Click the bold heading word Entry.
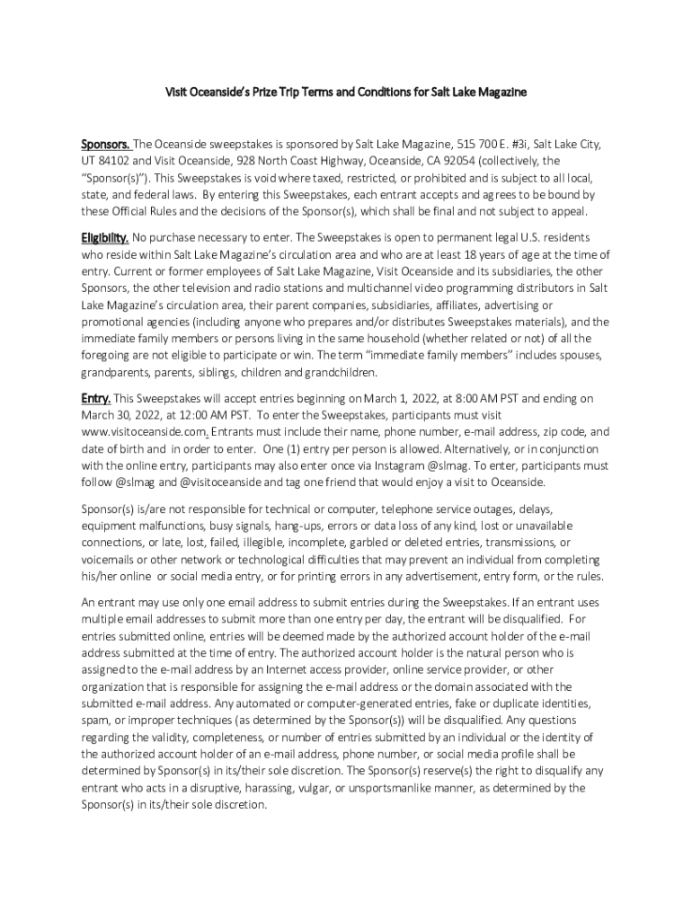click(95, 398)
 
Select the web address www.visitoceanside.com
click(146, 432)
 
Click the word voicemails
click(111, 559)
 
